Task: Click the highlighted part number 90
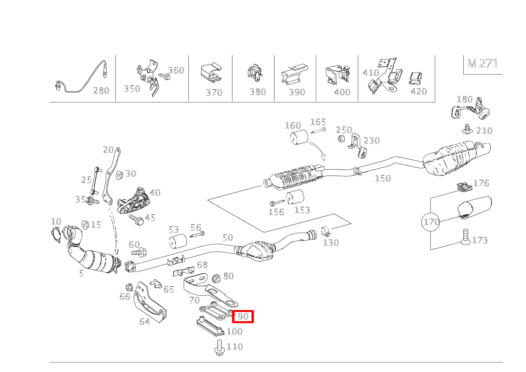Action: (243, 316)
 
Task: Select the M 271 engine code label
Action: (482, 64)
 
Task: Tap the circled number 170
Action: (432, 222)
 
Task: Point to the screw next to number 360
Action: (163, 75)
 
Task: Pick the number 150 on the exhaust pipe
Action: (383, 178)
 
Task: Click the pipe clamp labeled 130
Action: (326, 230)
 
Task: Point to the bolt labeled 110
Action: (220, 348)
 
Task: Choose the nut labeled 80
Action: (217, 278)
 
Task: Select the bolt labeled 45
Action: (136, 220)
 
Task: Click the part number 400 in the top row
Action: (342, 92)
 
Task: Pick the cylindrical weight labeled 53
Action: (178, 241)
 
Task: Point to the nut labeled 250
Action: (341, 139)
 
